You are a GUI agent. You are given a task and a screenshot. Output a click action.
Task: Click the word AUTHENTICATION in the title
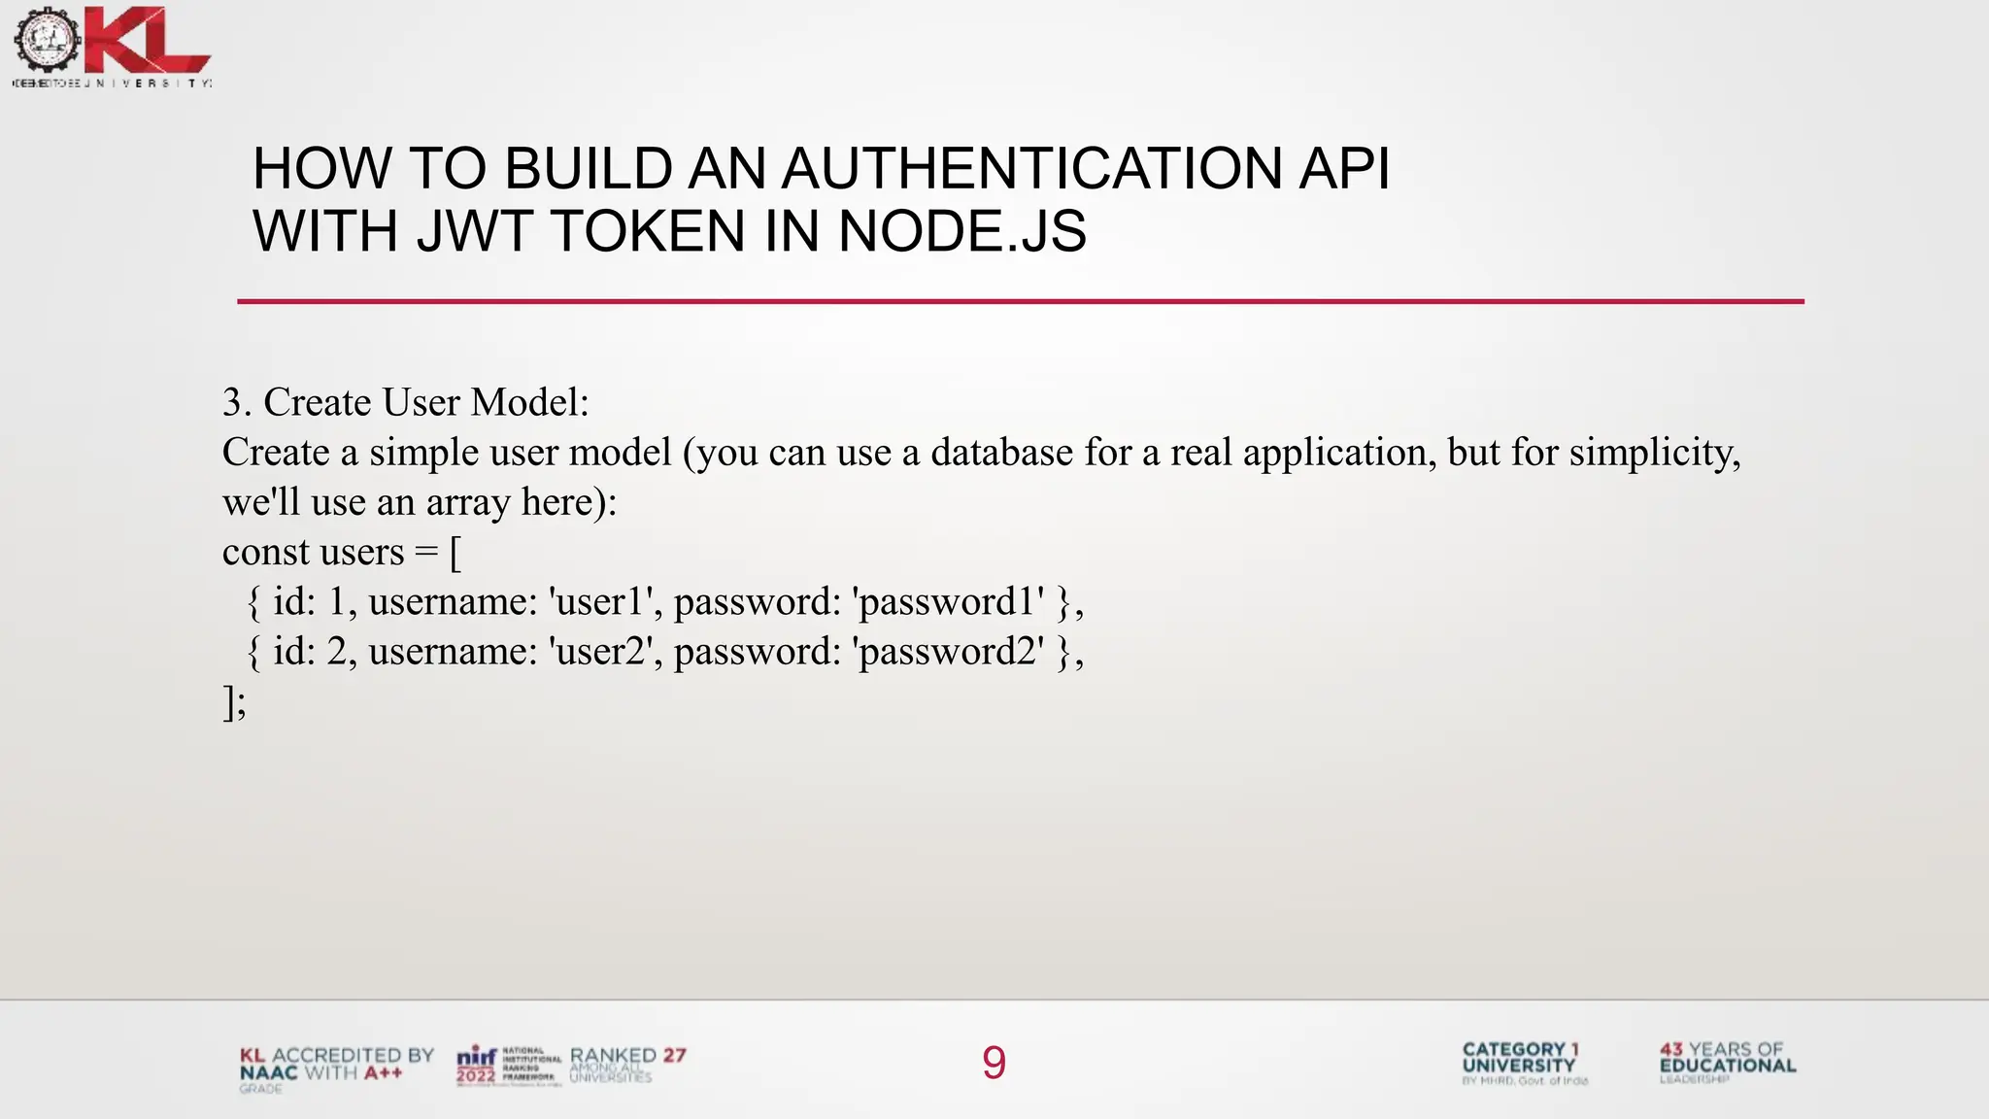[1031, 168]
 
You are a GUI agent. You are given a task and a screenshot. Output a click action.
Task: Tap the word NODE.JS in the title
[961, 231]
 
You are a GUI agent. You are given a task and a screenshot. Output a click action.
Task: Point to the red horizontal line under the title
[1020, 301]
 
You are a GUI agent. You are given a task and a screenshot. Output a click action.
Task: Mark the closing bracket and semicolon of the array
[234, 701]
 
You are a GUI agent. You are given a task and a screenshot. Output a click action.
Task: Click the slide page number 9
[994, 1063]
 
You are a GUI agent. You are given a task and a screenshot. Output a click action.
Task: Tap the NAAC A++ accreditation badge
[336, 1068]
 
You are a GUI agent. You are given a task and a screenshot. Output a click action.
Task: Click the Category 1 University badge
[1523, 1063]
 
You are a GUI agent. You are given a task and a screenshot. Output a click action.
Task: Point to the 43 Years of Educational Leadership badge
[1727, 1062]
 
